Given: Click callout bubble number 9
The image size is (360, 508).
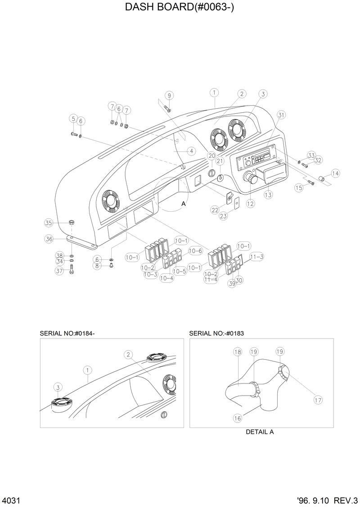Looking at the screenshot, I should coord(169,95).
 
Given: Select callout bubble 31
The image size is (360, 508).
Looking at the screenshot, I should coord(281,115).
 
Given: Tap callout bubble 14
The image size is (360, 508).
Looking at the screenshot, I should coord(335,173).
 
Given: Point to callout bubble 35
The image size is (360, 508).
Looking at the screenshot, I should coord(49,223).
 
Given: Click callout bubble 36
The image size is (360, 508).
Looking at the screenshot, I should coord(49,239).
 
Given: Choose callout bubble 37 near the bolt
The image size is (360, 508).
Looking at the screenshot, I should coord(59,271).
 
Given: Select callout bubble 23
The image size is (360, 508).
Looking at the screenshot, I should coord(224,216).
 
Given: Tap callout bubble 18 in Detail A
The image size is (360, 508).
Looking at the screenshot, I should coord(238,352).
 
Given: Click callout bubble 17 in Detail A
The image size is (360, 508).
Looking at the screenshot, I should coord(318,399).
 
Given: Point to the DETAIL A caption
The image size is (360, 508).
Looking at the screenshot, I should coord(260,432).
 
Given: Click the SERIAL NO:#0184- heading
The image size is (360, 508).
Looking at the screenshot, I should coord(67,333).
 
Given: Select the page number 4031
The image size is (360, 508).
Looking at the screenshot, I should coord(10,501).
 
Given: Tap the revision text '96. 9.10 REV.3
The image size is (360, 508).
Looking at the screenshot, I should coord(327,501).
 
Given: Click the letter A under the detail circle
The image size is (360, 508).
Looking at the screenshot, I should coord(183,204).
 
